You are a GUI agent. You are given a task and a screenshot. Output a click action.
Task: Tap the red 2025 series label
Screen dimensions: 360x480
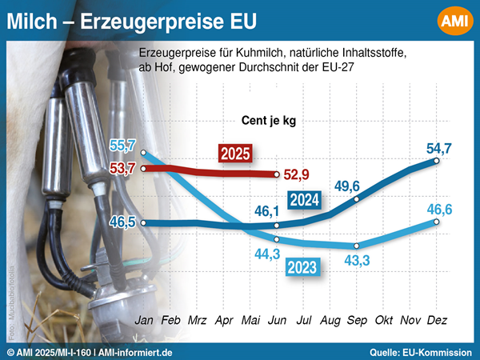(237, 153)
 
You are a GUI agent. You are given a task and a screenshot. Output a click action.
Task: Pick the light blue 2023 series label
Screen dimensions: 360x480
(302, 266)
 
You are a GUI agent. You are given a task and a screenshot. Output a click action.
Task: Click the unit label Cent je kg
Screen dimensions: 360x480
(269, 119)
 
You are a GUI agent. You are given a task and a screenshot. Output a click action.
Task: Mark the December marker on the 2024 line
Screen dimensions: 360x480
(437, 161)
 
